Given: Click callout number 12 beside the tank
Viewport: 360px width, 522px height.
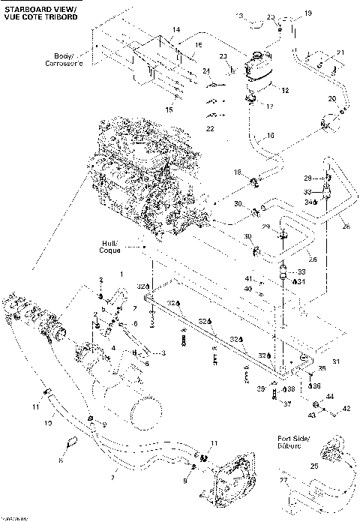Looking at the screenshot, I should point(284,90).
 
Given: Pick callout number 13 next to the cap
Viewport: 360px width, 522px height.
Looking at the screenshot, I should point(240,16).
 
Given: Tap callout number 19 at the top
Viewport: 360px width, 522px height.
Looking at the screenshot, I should point(306,13).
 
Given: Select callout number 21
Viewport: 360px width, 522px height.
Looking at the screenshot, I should point(339,52).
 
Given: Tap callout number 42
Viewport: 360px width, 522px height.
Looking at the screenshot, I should point(346,409).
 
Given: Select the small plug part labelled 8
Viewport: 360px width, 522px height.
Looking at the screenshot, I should point(73,441).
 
